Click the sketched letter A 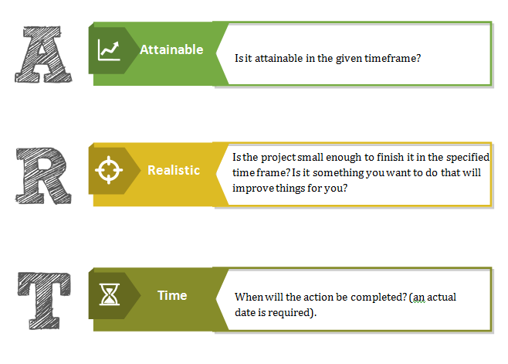point(43,55)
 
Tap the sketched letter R point(43,176)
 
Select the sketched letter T point(44,301)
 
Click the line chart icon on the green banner point(109,50)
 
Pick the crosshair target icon point(109,170)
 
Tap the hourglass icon point(109,294)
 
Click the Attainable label point(171,49)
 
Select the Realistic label point(174,170)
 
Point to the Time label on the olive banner point(172,295)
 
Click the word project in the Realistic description point(278,158)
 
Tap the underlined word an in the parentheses point(418,298)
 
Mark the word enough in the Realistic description point(344,158)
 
